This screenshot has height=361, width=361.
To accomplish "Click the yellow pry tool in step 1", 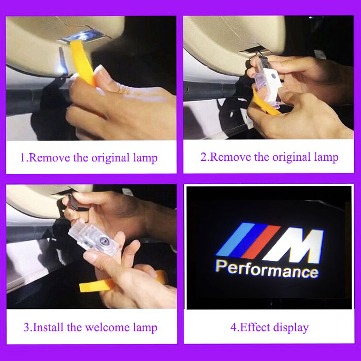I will pyautogui.click(x=82, y=61).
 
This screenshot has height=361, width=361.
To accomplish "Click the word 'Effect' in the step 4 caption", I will pyautogui.click(x=255, y=327).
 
